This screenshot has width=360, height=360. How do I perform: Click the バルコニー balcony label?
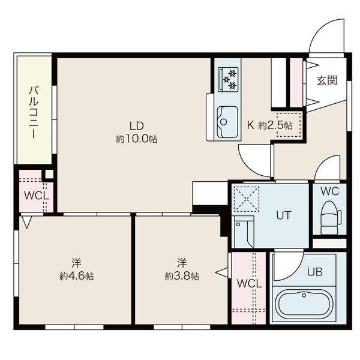click(34, 113)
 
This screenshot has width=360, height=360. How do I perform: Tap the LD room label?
click(137, 126)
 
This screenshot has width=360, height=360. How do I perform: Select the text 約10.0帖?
click(137, 139)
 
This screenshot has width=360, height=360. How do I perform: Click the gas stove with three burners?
click(228, 79)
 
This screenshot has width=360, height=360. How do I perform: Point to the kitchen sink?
click(227, 122)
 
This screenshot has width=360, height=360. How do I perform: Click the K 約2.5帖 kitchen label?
click(270, 125)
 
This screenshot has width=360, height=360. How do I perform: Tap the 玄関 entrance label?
click(327, 80)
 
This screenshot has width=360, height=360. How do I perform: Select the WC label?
click(329, 191)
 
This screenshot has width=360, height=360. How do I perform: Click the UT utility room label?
click(284, 215)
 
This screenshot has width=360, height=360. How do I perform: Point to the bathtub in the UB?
click(304, 302)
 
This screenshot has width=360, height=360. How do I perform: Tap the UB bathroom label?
click(315, 272)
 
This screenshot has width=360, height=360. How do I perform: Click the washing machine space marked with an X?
click(247, 199)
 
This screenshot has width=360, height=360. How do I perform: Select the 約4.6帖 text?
click(76, 276)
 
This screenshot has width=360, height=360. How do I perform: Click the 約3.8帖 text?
click(182, 277)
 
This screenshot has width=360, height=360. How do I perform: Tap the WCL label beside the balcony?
click(37, 196)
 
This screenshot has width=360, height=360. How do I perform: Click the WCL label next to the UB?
click(250, 284)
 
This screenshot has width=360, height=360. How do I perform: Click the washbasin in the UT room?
click(244, 232)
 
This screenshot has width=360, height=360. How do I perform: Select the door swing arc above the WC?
click(324, 161)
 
